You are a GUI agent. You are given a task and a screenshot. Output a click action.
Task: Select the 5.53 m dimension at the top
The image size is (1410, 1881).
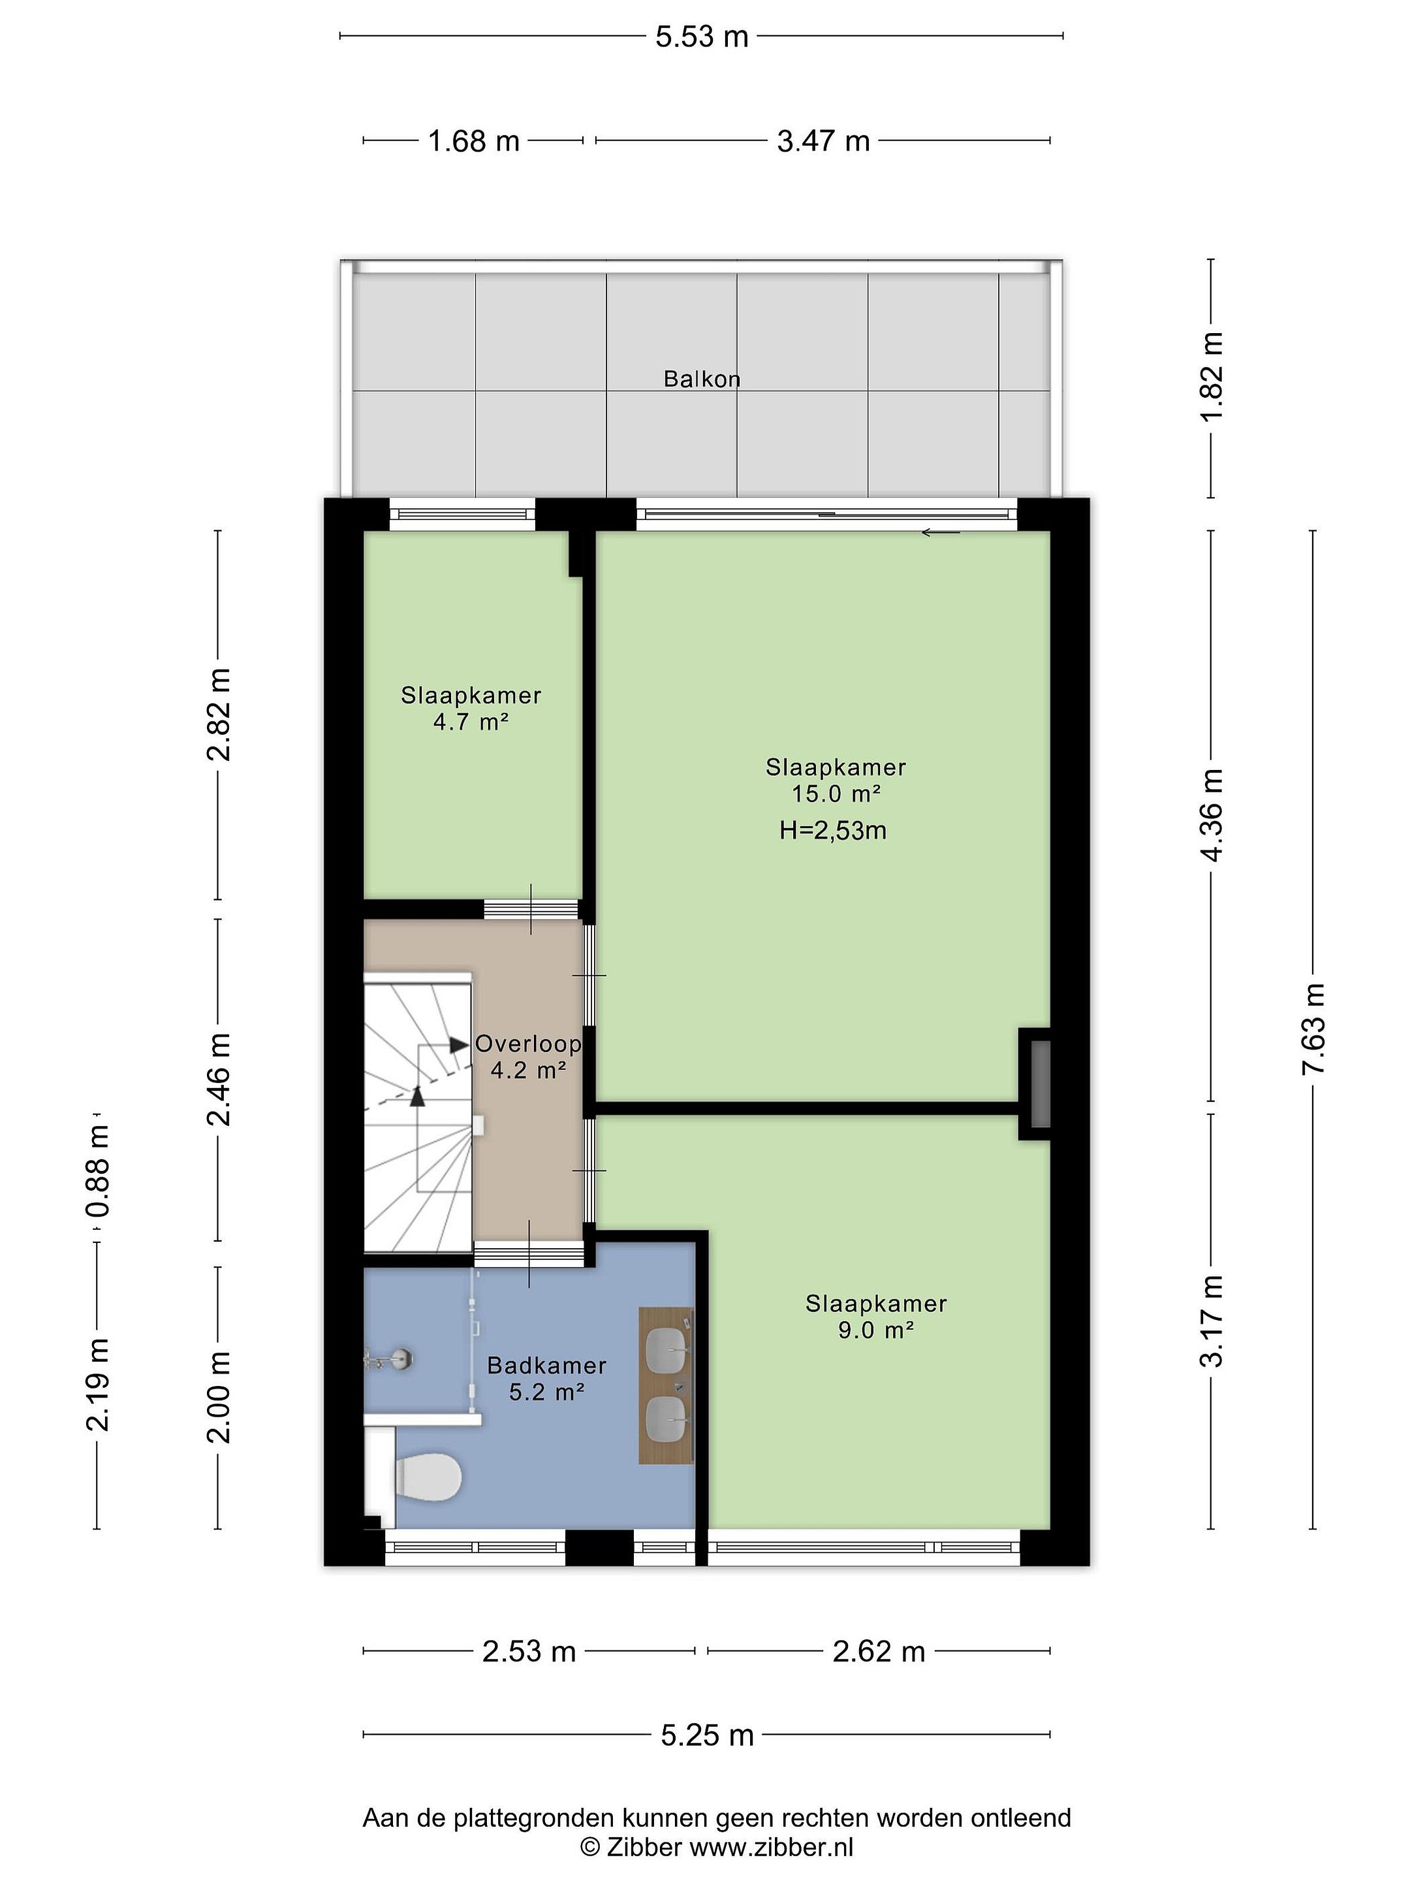(701, 37)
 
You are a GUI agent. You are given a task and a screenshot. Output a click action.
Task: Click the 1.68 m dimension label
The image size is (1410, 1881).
(473, 140)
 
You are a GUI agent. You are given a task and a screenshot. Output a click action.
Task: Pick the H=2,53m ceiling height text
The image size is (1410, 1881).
(833, 830)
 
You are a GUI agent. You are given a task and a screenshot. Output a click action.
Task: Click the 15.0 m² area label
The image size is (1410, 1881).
(836, 794)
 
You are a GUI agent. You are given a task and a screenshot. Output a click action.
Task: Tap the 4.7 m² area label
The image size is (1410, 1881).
(471, 722)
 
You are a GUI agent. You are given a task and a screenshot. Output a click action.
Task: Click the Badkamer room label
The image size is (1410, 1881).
(546, 1365)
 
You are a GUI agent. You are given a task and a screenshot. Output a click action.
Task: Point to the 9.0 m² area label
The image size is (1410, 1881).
(875, 1329)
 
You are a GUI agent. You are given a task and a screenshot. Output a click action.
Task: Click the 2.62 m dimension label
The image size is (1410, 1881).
(878, 1650)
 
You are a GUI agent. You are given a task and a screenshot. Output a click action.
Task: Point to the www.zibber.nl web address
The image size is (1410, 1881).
(771, 1848)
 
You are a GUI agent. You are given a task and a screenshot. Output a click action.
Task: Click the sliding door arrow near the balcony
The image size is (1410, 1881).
(940, 533)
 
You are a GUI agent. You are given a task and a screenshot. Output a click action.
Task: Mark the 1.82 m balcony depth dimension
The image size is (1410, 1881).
(1212, 376)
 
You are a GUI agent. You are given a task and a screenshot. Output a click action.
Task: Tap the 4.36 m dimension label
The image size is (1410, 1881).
(1212, 814)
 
